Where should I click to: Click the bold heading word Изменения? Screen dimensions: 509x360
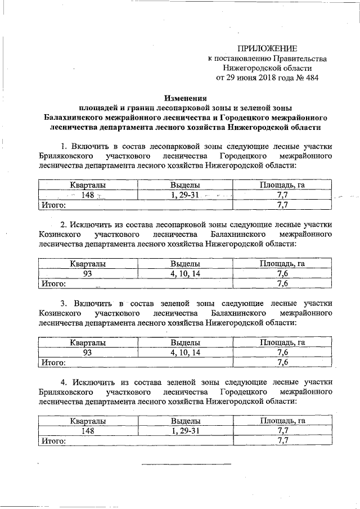click(x=185, y=98)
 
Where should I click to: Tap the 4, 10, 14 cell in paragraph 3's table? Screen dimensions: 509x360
click(x=185, y=352)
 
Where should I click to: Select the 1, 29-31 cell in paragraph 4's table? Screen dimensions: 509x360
click(x=185, y=430)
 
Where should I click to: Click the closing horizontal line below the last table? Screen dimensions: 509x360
click(x=186, y=464)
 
